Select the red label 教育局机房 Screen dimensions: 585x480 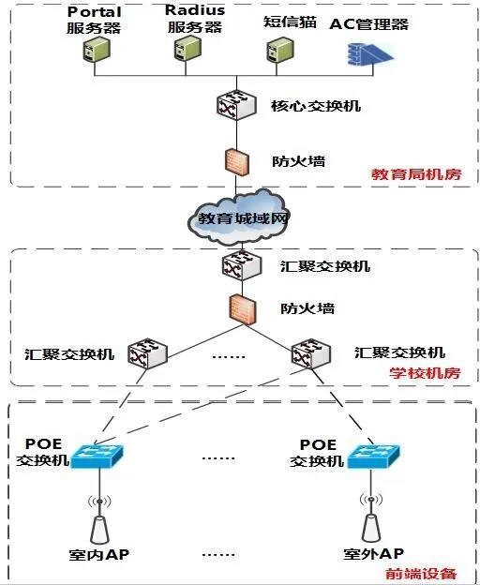click(x=416, y=174)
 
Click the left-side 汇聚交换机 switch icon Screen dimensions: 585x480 click(x=148, y=352)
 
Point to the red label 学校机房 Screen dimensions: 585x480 click(x=424, y=373)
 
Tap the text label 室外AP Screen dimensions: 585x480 click(x=373, y=554)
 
